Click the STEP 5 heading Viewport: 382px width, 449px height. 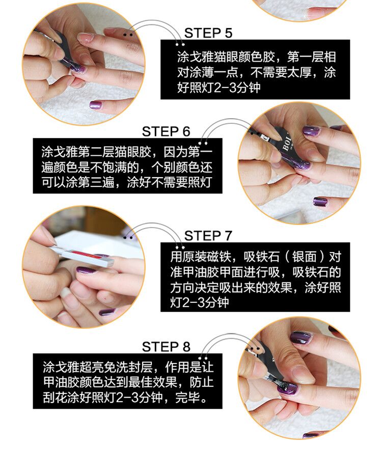tap(208, 33)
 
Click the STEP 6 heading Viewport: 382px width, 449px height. tap(166, 131)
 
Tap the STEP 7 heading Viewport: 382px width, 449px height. tap(208, 236)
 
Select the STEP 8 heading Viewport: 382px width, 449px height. tap(166, 347)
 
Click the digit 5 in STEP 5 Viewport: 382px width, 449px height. tap(228, 33)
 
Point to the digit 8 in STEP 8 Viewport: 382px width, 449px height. tap(186, 347)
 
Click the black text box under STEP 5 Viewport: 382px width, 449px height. tap(255, 70)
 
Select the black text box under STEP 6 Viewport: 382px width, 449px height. tap(127, 166)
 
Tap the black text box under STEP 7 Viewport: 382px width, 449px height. tap(255, 277)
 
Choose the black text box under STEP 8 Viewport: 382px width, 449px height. tap(127, 381)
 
